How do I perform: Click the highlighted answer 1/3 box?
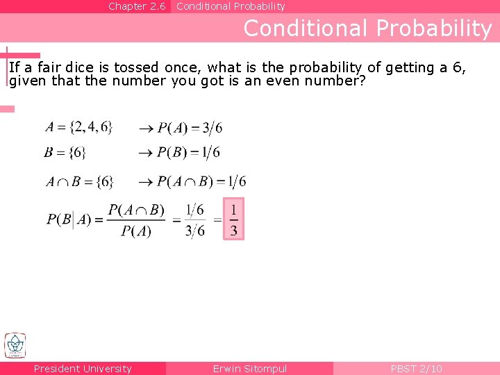233,219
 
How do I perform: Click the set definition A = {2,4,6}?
78,127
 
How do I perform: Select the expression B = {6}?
69,152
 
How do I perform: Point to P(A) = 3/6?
190,127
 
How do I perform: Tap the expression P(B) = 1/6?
188,152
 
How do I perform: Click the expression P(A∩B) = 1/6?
201,182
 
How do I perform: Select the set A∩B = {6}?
80,182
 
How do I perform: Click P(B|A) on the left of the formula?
69,219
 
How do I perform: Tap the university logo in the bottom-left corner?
15,345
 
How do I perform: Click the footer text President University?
83,369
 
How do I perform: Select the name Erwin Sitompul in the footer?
250,369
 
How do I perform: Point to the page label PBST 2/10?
416,369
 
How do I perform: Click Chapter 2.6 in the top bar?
137,6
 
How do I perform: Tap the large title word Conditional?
306,28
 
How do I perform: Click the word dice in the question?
81,67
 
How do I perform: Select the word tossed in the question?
137,67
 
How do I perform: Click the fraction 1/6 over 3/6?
195,220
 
